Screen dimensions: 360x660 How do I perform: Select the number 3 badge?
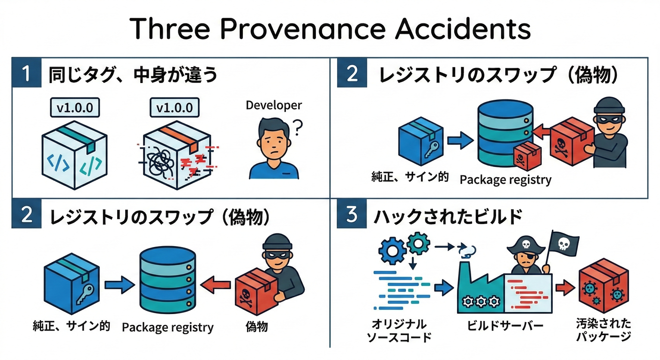(x=352, y=215)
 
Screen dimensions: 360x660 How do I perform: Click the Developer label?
(x=274, y=105)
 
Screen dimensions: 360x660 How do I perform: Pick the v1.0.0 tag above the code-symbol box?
(x=75, y=107)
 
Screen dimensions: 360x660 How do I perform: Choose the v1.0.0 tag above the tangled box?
(x=174, y=107)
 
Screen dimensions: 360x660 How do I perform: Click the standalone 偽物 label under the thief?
(x=256, y=326)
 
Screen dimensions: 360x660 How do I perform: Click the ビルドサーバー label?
(x=505, y=325)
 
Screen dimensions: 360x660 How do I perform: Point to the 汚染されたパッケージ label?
(x=603, y=330)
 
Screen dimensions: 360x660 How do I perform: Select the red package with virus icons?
(x=603, y=288)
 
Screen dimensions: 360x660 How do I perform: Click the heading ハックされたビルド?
(x=448, y=216)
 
